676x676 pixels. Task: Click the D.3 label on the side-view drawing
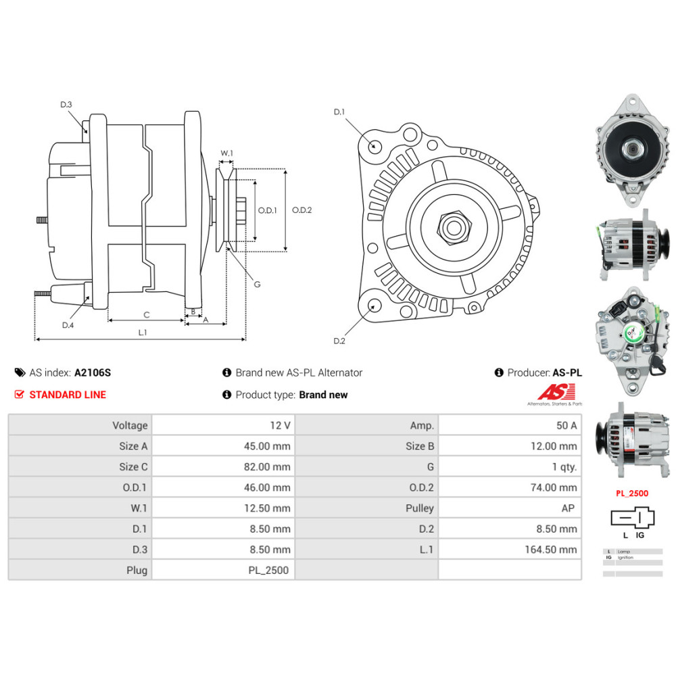coord(66,104)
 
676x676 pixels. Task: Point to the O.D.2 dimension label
coord(301,210)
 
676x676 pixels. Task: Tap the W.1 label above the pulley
coord(226,153)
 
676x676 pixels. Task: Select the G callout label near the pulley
coord(257,284)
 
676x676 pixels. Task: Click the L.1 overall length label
coord(143,332)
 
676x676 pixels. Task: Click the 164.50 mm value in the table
coord(550,550)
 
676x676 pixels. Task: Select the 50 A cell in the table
coord(566,425)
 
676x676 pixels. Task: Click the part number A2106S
coord(93,372)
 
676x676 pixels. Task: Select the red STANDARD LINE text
coord(68,395)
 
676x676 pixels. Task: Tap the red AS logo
coord(556,392)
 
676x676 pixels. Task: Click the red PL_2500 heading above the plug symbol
coord(631,493)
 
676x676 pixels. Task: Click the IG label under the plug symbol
coord(639,535)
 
